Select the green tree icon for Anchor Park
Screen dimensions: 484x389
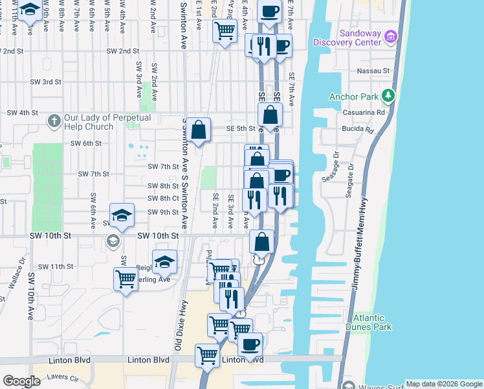tap(388, 97)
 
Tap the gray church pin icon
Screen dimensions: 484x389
tap(56, 121)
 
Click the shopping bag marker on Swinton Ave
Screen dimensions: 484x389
tap(200, 130)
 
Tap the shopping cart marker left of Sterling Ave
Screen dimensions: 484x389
tap(126, 279)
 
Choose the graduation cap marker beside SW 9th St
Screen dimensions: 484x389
tap(122, 215)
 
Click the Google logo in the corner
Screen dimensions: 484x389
tap(22, 381)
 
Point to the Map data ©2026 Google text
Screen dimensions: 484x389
tap(444, 384)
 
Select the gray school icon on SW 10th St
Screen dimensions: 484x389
tap(113, 242)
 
